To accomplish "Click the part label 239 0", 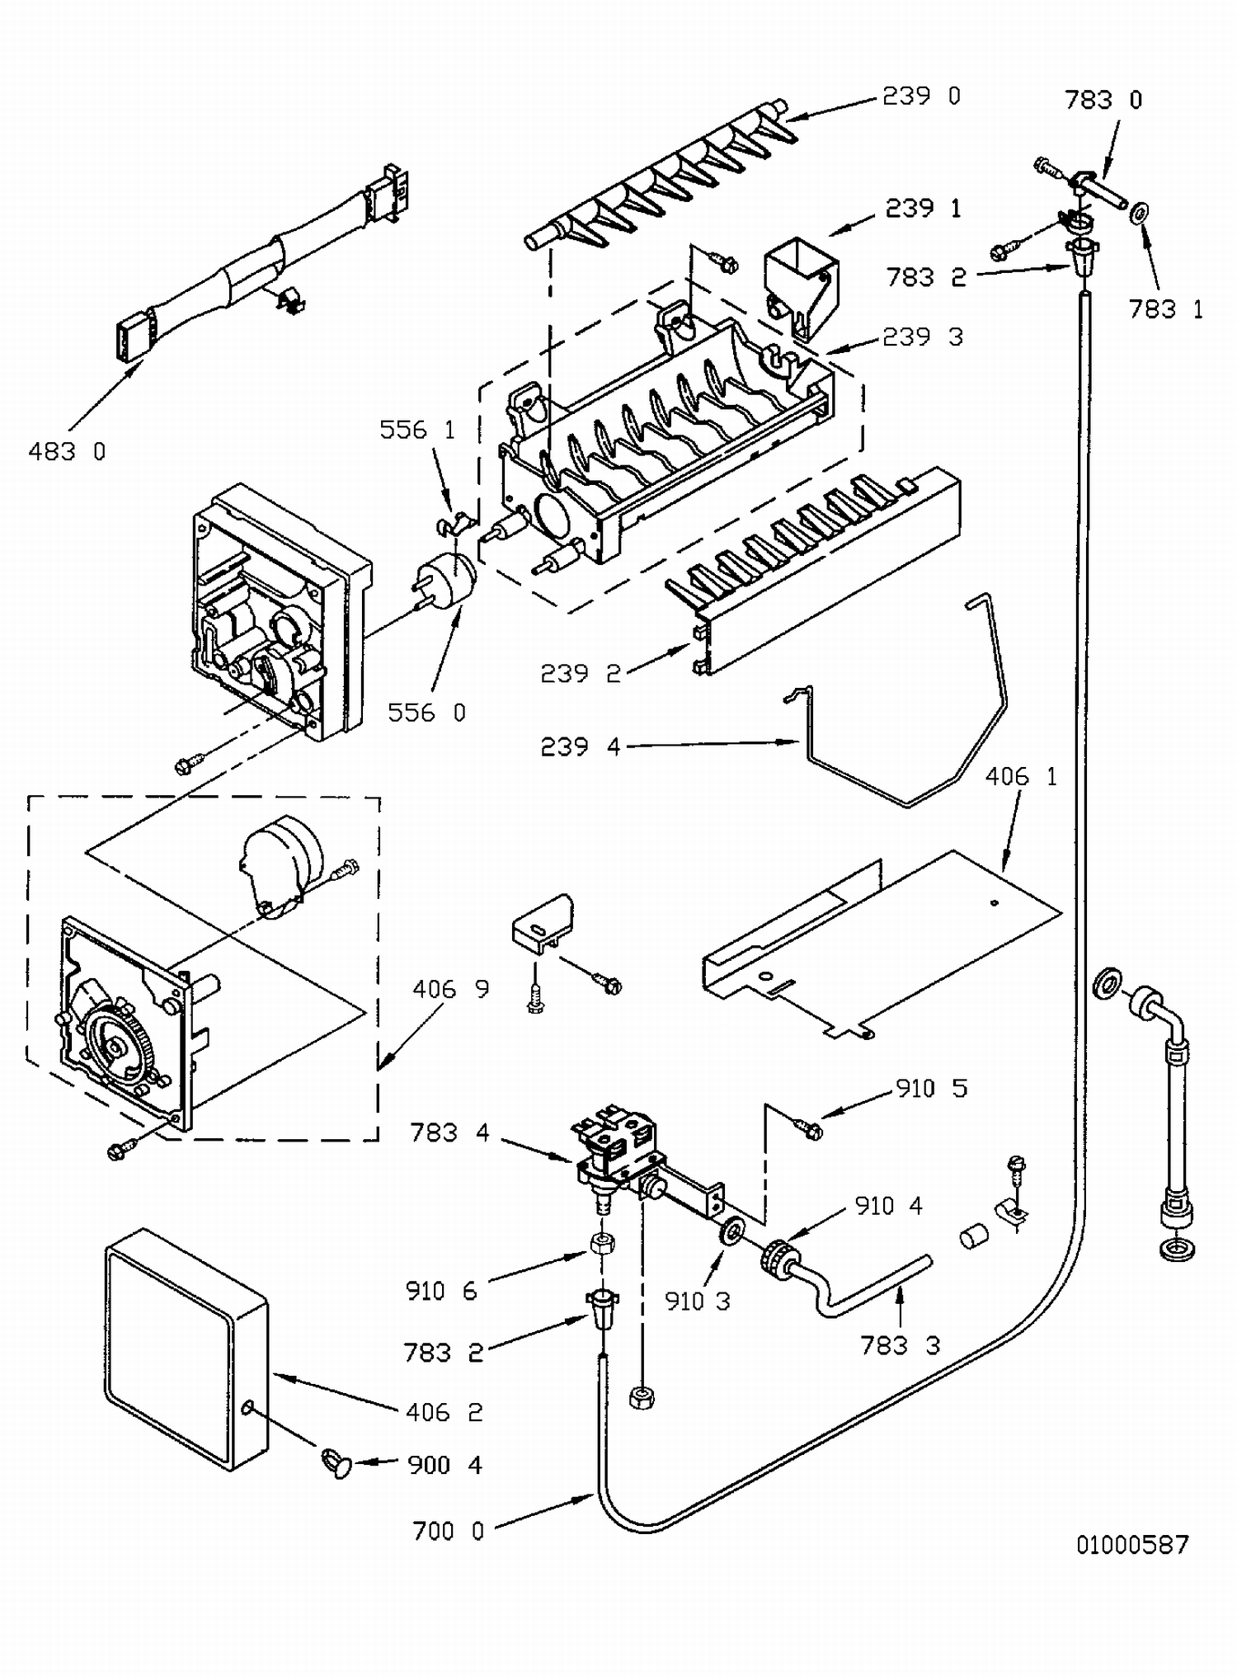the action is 922,96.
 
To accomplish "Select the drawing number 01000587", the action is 1133,1544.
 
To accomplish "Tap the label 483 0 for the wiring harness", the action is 68,451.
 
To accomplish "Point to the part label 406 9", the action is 451,988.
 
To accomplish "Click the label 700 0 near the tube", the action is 449,1531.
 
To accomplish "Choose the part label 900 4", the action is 445,1465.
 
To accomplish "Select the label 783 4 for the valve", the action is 449,1132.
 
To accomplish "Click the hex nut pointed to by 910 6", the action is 601,1244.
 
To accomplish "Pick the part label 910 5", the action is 932,1089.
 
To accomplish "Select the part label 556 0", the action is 427,713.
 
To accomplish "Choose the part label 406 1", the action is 1021,777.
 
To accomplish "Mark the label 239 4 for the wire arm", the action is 581,746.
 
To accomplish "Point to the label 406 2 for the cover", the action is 444,1412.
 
